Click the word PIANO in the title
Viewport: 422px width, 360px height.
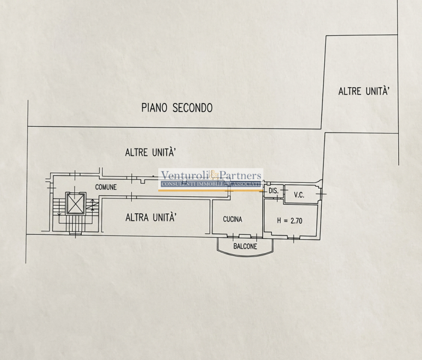point(155,108)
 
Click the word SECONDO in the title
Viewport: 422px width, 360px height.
point(193,108)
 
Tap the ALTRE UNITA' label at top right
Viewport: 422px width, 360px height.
point(364,91)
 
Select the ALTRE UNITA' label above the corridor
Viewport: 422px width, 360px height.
point(151,153)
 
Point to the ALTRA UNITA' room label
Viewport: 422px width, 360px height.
point(151,217)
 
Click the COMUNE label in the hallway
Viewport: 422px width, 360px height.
point(106,187)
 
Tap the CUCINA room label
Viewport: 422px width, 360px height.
point(233,219)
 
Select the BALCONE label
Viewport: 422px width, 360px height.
point(245,246)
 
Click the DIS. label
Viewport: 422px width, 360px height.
point(273,191)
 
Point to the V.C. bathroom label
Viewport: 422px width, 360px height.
point(299,195)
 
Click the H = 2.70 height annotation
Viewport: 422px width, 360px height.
point(290,221)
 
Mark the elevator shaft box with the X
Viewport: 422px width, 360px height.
point(76,204)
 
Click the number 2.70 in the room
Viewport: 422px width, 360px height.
point(296,221)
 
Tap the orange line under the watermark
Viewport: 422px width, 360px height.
point(210,191)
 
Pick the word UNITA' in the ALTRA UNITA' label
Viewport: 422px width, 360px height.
point(164,217)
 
